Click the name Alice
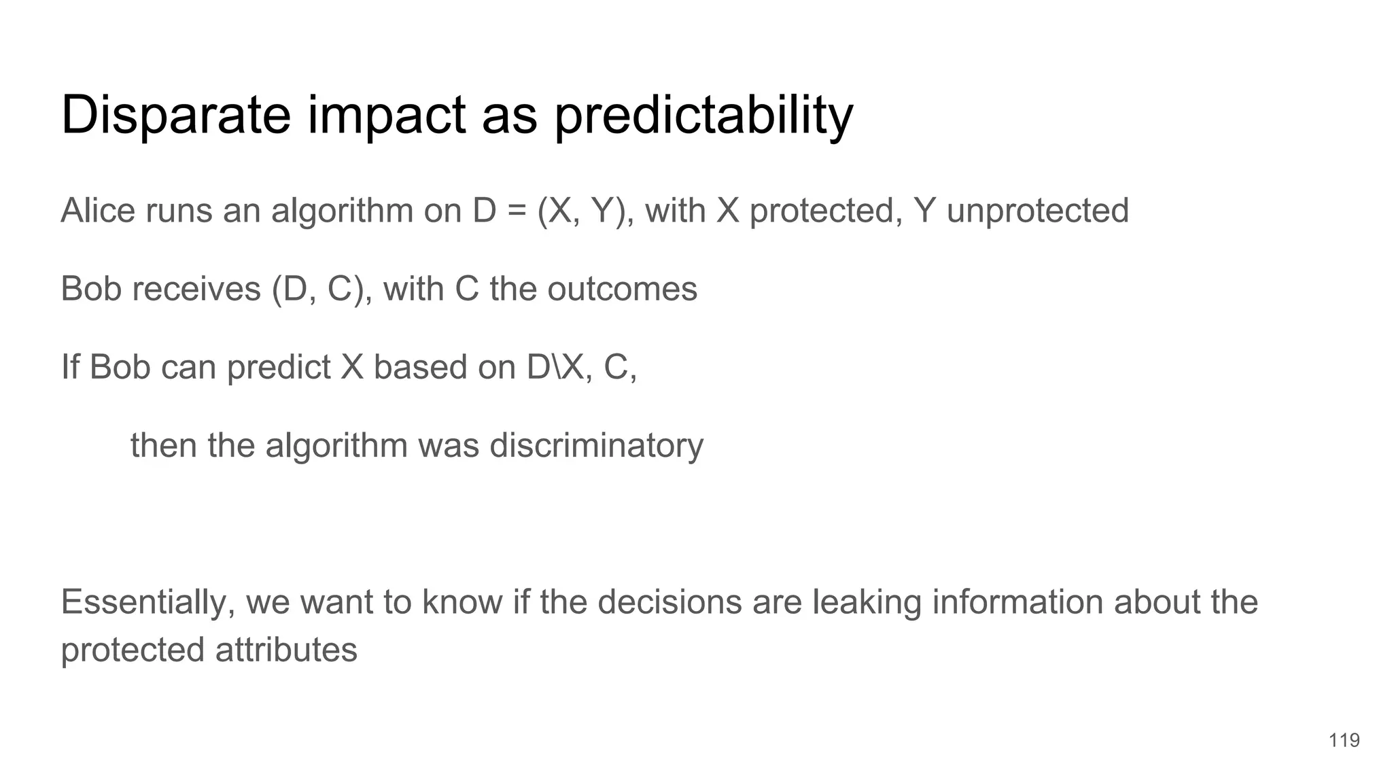pos(98,210)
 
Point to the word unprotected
pos(1037,211)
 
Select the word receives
pos(196,289)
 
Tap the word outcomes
pos(622,289)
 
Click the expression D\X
pos(555,367)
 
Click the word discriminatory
pos(596,446)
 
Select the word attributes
pos(286,650)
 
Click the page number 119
pos(1344,740)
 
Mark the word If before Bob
pos(69,367)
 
